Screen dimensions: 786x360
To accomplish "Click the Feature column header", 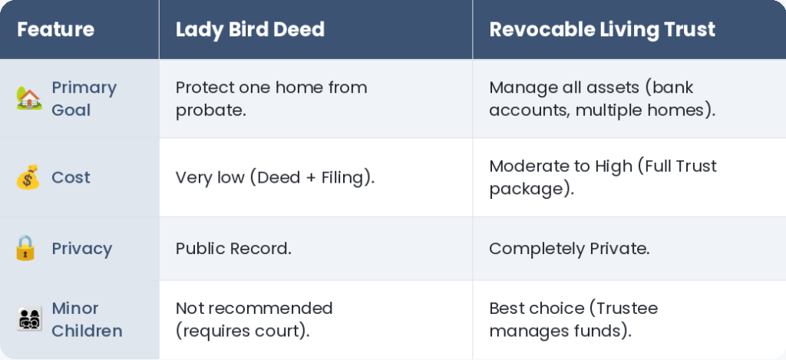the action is click(x=55, y=30).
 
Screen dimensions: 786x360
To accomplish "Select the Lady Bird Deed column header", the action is click(x=250, y=30).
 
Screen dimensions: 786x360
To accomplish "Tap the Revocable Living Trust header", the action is click(x=602, y=30).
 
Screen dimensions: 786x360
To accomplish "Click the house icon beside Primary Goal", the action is click(x=29, y=98).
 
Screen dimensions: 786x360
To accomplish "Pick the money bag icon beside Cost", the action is click(x=28, y=177).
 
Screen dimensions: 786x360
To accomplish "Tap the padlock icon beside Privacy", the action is click(x=25, y=248).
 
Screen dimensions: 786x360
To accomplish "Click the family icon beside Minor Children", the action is click(x=30, y=319).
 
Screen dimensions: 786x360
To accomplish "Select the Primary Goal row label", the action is click(x=84, y=99).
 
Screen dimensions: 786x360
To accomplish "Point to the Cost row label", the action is click(x=71, y=177).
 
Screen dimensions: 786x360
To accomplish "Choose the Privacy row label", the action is click(x=81, y=249).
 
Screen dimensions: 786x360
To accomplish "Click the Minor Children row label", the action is click(x=87, y=319).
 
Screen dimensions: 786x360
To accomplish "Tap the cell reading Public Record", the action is click(x=233, y=249).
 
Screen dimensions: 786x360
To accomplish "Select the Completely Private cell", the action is click(x=569, y=249).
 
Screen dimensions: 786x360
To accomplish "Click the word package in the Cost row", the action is click(x=528, y=190).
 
